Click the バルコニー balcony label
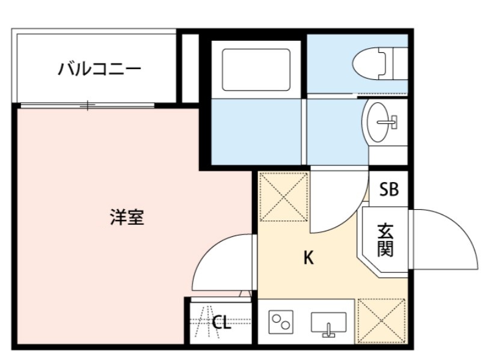pyautogui.click(x=99, y=69)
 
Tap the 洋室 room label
pyautogui.click(x=127, y=217)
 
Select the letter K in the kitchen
pyautogui.click(x=308, y=258)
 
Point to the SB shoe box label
pyautogui.click(x=389, y=191)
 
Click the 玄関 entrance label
pyautogui.click(x=386, y=240)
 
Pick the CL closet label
pyautogui.click(x=221, y=323)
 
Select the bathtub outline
pyautogui.click(x=256, y=69)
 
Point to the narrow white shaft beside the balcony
pyautogui.click(x=190, y=69)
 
